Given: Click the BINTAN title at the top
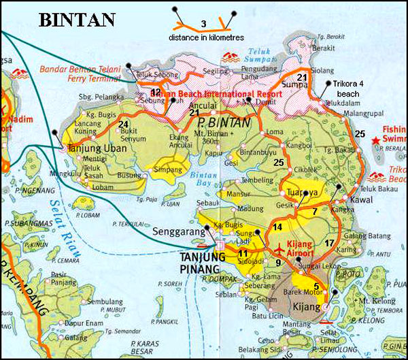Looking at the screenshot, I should (x=77, y=19).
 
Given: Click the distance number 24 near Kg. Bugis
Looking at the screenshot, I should (x=123, y=124).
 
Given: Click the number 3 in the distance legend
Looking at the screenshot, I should (x=203, y=24).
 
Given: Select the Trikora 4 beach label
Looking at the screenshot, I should (x=352, y=88).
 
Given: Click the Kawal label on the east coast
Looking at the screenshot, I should (x=361, y=201).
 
